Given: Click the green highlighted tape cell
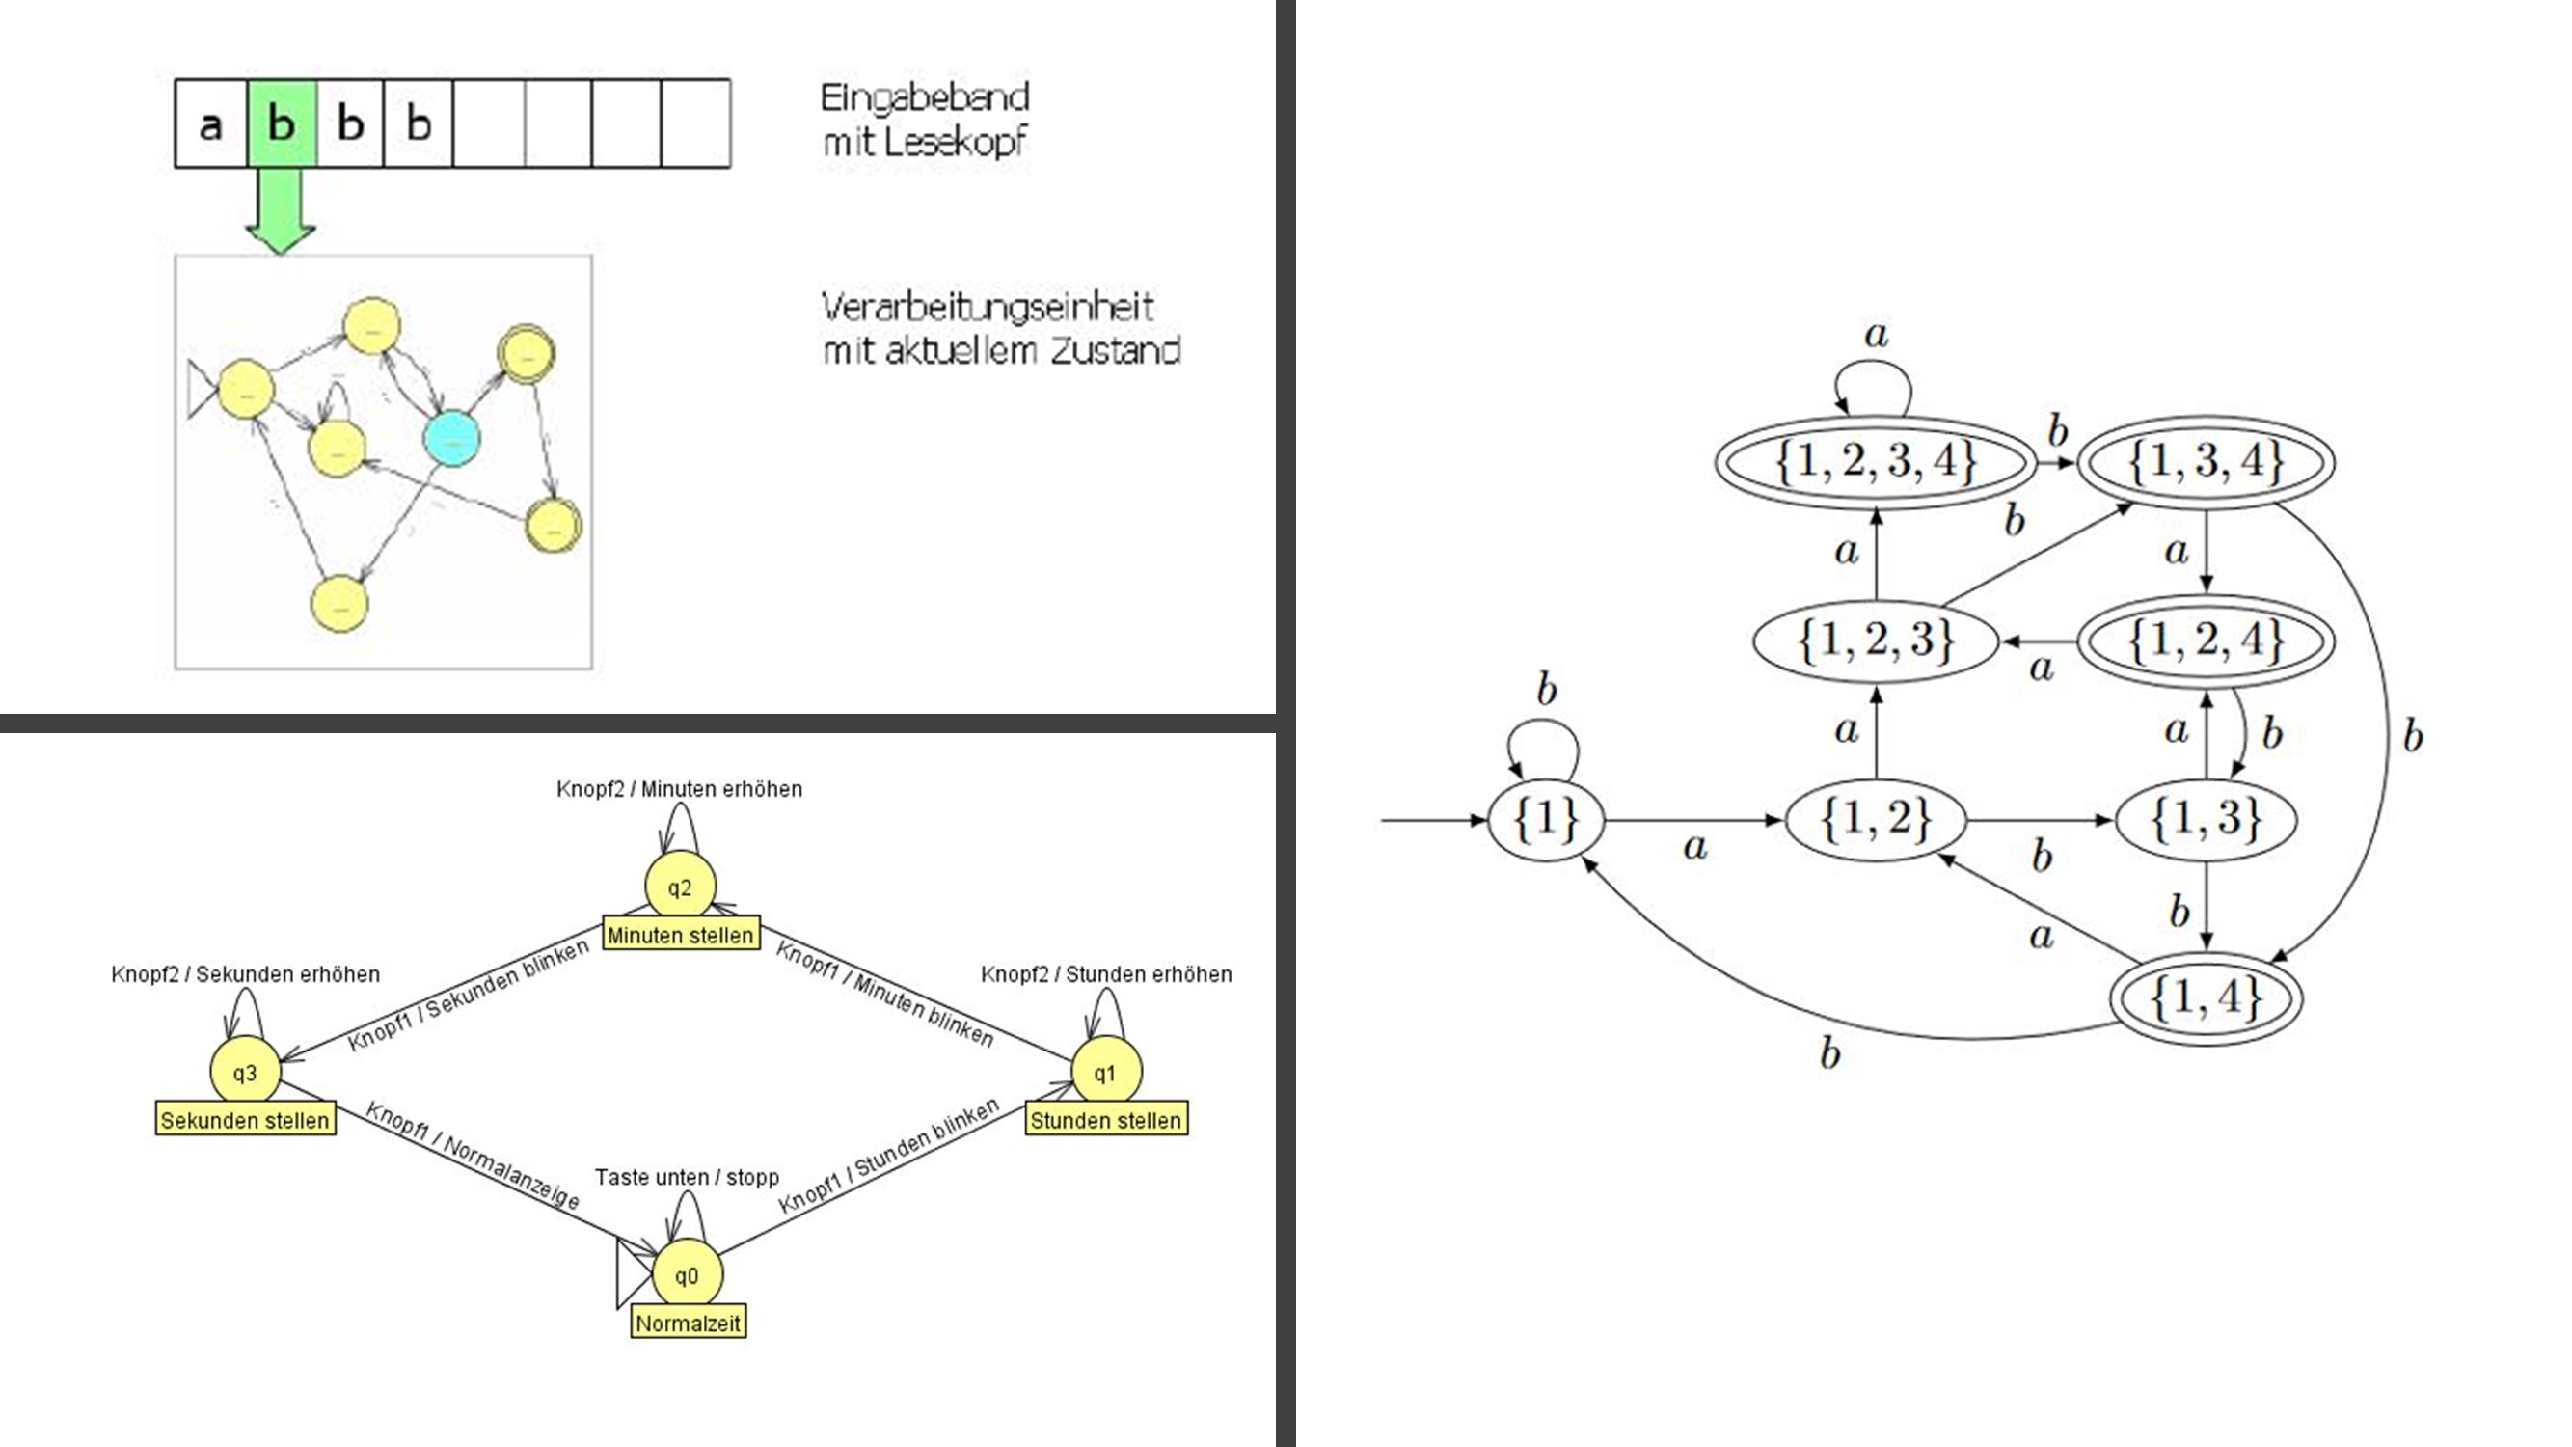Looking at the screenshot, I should coord(282,123).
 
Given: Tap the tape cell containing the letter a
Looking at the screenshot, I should coord(210,123).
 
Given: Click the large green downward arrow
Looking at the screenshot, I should coord(281,210).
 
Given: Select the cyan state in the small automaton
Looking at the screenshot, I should coord(451,437).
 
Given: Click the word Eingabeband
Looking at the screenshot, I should coord(924,97).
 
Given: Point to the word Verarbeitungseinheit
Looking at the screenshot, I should coord(988,307).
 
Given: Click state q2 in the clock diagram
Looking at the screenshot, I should coord(679,887).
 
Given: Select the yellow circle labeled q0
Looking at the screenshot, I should coord(687,1275).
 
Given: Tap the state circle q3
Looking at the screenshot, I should coord(245,1072).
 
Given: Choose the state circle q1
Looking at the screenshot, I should coord(1104,1072).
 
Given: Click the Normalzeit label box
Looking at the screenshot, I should coord(688,1324).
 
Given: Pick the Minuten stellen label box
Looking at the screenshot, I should coord(680,935).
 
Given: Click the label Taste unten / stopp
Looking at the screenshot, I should coord(687,1177).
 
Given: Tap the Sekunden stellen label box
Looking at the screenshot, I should coord(245,1119).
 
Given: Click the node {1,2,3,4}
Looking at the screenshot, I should coord(1876,462).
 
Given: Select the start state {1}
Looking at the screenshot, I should coord(1546,820).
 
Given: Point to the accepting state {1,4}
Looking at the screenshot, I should coord(2206,997).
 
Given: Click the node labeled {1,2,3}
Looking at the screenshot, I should coord(1876,641).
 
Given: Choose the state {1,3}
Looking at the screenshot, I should coord(2206,820).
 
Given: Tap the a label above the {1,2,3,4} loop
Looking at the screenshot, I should coord(1876,335).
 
